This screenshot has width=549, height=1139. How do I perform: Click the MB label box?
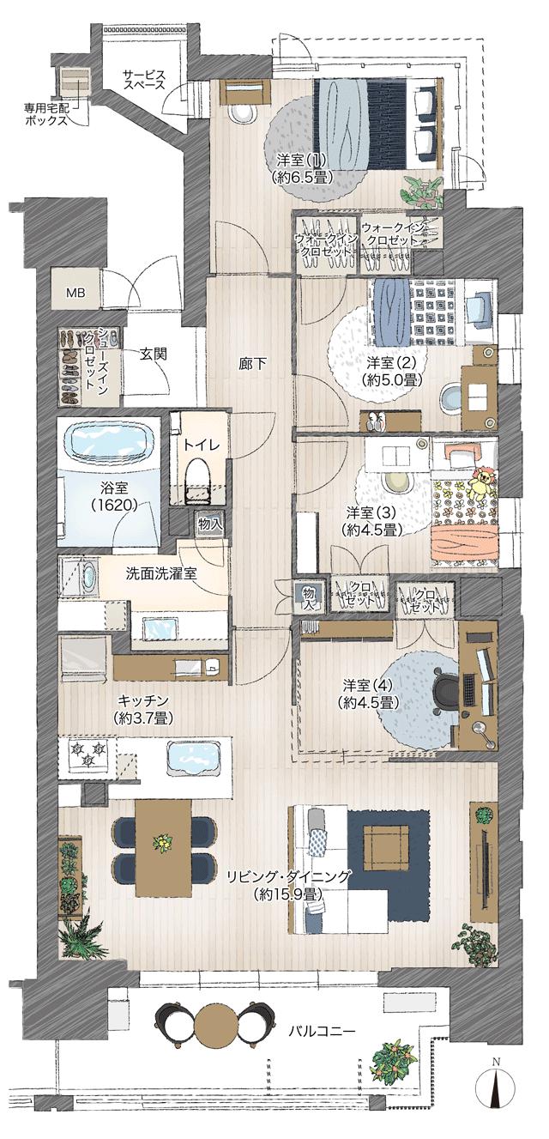coord(76,292)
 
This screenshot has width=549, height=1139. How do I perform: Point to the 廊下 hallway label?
coord(251,363)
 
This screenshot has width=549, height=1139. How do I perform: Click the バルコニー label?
coord(322,1030)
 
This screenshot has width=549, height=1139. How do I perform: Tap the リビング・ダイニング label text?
coord(288,885)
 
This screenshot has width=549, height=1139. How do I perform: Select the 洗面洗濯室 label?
coord(161,573)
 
